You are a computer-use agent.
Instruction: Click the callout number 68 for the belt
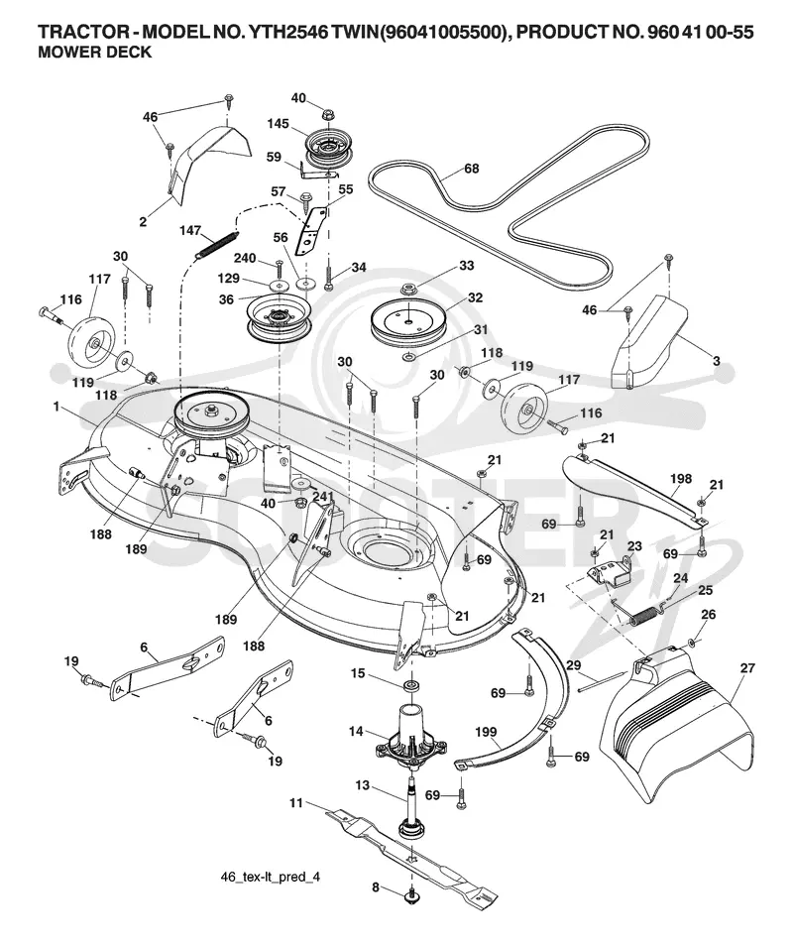click(x=471, y=168)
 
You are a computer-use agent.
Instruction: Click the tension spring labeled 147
click(x=217, y=245)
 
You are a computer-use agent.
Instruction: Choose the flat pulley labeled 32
click(x=409, y=318)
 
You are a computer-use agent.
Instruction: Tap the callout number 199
click(x=486, y=732)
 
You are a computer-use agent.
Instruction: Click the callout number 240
click(x=245, y=258)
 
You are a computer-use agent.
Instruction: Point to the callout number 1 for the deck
click(x=57, y=407)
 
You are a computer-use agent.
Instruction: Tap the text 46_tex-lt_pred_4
click(x=271, y=877)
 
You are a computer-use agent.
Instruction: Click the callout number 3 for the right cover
click(x=716, y=361)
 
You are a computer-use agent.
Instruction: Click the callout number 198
click(x=681, y=479)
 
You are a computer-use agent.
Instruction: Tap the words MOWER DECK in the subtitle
click(x=94, y=53)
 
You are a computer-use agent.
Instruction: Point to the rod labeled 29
click(x=602, y=682)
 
